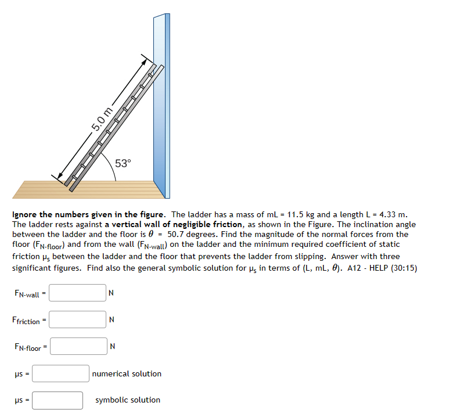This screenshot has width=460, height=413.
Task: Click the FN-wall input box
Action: point(78,293)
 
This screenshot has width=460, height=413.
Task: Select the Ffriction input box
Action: point(78,319)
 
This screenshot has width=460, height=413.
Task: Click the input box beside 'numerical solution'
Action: point(60,374)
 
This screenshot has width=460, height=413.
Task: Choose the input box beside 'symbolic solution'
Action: point(57,400)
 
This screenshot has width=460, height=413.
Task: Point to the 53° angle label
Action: point(123,163)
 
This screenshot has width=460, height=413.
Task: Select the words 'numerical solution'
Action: point(127,374)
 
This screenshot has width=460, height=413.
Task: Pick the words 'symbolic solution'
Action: point(128,400)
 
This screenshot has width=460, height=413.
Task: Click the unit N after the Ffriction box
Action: point(112,320)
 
